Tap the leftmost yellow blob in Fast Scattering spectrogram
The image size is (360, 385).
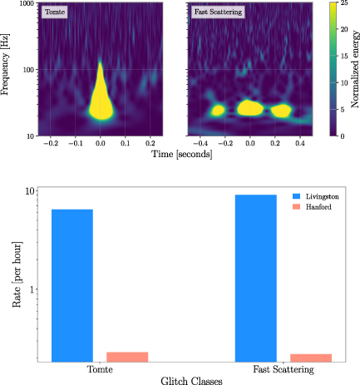coord(218,110)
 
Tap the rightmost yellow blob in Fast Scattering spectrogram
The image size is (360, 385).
coord(282,110)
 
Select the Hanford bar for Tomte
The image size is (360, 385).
coord(127,357)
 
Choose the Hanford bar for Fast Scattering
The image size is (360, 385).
coord(311,358)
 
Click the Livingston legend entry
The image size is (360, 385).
coord(319,195)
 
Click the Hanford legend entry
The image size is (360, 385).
coord(318,206)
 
